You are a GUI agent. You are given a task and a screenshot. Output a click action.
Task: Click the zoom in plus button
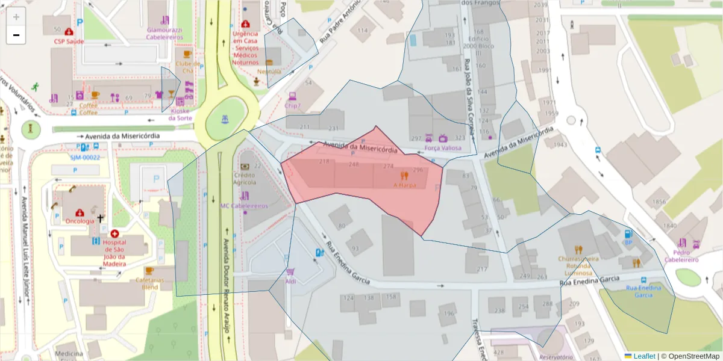coord(16,17)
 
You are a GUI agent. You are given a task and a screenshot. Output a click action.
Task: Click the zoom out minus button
coord(16,35)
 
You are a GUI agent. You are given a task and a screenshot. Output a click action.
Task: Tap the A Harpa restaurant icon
coord(404,176)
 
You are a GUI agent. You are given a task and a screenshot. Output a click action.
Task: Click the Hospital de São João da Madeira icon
coord(114,233)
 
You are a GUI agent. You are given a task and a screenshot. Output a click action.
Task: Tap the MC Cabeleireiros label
coord(243,206)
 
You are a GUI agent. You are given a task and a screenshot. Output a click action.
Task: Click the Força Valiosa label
coord(443,147)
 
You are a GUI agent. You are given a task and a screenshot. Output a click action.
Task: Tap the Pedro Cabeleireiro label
coord(681,256)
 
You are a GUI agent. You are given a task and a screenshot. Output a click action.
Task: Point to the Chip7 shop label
coord(293,106)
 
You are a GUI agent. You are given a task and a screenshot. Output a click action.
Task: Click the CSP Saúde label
coord(69,42)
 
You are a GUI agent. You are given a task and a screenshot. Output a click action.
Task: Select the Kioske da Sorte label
coord(181,114)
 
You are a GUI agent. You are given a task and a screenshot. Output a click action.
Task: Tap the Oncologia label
coord(79,221)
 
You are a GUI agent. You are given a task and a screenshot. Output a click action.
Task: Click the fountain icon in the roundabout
coord(226,119)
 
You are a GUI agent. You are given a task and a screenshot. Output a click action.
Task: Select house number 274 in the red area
coord(388,166)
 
